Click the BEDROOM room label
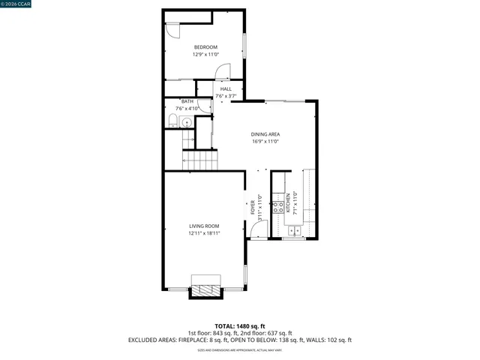click(x=205, y=47)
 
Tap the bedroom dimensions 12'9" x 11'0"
click(x=205, y=54)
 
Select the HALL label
click(x=226, y=89)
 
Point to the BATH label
click(x=187, y=101)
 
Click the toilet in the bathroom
click(x=172, y=121)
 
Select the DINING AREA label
click(x=265, y=134)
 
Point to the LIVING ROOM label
click(x=204, y=226)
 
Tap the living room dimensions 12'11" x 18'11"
click(x=204, y=233)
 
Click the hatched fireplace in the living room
click(x=205, y=286)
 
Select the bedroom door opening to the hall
click(x=223, y=72)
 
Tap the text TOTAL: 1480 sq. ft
click(x=240, y=326)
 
